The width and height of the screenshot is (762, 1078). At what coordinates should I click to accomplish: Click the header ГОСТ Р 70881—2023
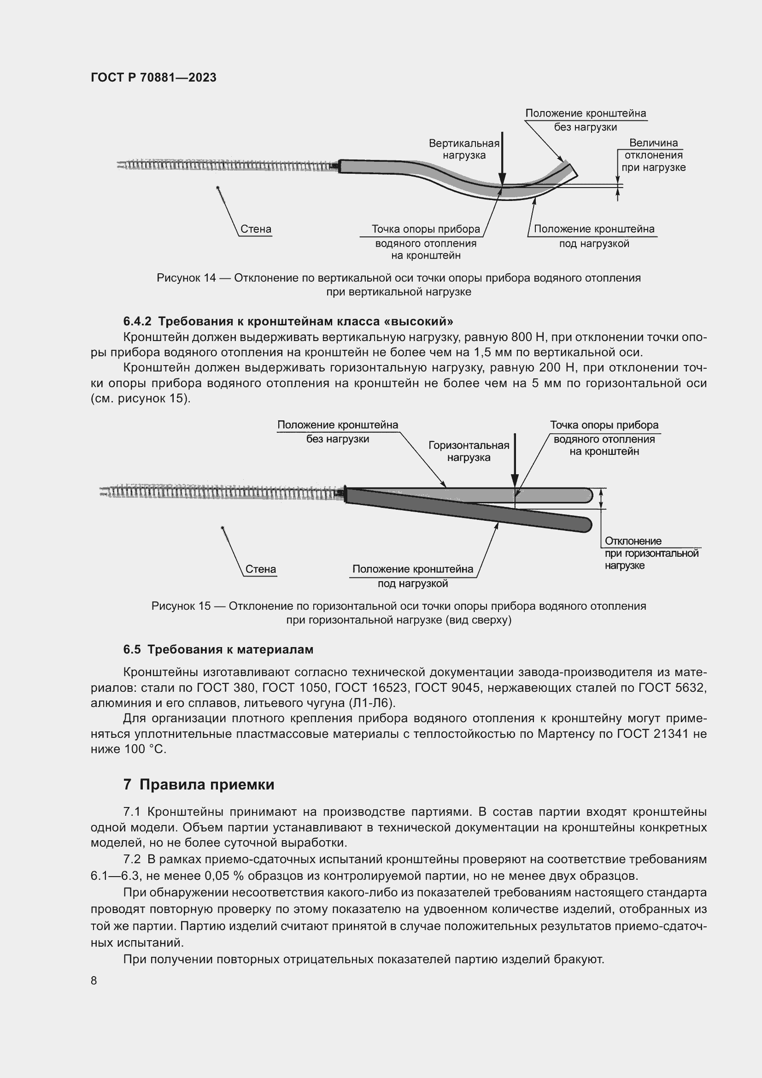click(x=153, y=77)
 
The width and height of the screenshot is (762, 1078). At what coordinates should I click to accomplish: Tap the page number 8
click(x=94, y=981)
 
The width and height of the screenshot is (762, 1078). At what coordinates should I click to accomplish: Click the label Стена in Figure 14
click(x=256, y=229)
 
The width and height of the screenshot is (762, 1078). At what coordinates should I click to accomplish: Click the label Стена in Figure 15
click(x=261, y=569)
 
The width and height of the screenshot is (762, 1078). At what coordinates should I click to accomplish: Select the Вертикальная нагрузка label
click(x=463, y=149)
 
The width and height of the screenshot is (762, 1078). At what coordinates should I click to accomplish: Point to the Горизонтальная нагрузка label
click(x=468, y=451)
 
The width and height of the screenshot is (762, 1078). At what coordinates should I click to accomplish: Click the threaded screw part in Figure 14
click(x=225, y=165)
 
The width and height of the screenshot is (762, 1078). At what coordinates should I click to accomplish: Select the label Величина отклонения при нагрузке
click(x=653, y=155)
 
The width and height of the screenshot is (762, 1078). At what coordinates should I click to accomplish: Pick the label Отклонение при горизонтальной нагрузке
click(x=651, y=553)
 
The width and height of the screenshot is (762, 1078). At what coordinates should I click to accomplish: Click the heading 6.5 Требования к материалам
click(x=218, y=649)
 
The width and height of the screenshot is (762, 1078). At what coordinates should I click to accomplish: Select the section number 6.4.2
click(x=137, y=322)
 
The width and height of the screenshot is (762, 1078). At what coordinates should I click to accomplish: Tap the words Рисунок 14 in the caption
click(x=186, y=278)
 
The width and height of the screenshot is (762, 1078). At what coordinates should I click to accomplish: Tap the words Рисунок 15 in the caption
click(x=181, y=606)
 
